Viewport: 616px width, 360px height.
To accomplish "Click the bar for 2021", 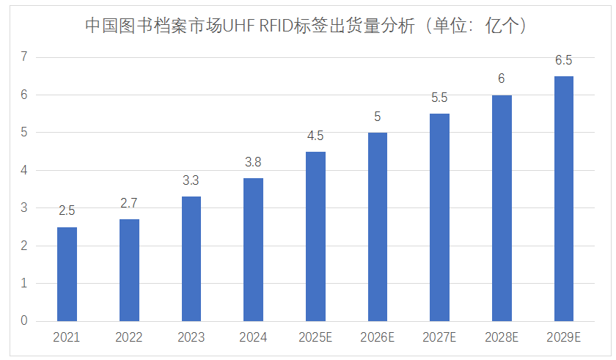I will pyautogui.click(x=67, y=274).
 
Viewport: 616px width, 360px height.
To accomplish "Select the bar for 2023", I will pyautogui.click(x=191, y=259).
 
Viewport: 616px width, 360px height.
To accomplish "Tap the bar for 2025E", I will pyautogui.click(x=315, y=236).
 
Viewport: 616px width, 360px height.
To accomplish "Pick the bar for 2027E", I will pyautogui.click(x=439, y=217).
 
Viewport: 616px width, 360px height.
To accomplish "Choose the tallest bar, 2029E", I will pyautogui.click(x=563, y=198).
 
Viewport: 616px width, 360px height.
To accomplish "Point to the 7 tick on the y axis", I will pyautogui.click(x=24, y=57).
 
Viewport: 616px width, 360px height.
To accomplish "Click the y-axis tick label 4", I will pyautogui.click(x=24, y=170).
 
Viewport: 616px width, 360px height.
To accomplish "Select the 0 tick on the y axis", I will pyautogui.click(x=24, y=321).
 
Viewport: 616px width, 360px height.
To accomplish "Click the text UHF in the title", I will pyautogui.click(x=240, y=26).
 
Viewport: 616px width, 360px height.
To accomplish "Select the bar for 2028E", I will pyautogui.click(x=502, y=207).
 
